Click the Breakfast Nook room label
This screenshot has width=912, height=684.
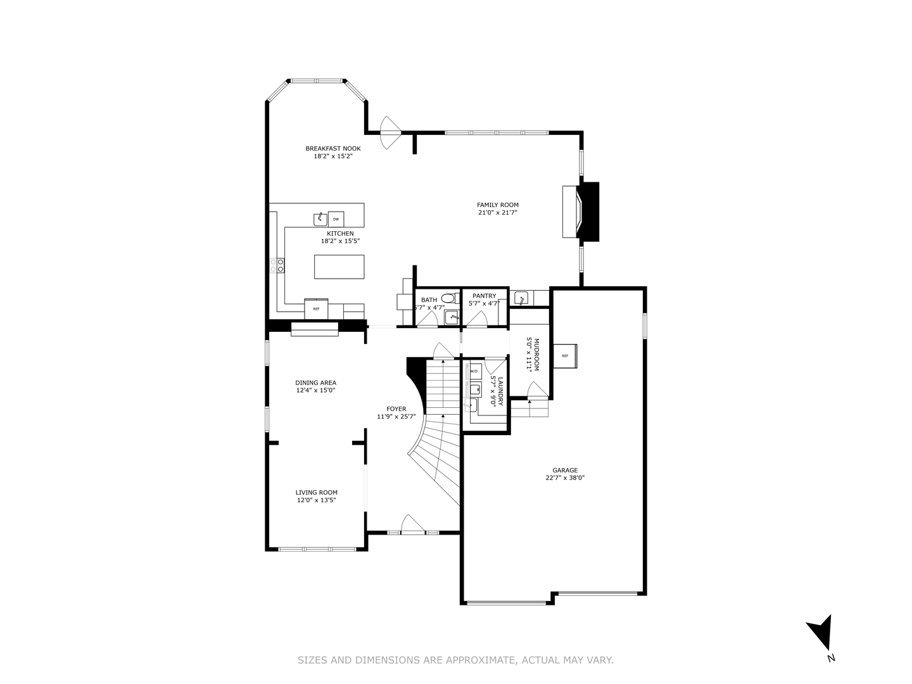coord(332,148)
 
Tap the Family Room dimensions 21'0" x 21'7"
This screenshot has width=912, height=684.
coord(498,213)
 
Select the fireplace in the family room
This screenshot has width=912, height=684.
coord(579,212)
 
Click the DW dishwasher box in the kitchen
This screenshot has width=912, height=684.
coord(336,219)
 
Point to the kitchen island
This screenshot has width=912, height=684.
coord(339,267)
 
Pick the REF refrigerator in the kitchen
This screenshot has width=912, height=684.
coord(316,308)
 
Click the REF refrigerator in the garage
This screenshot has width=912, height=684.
coord(565,355)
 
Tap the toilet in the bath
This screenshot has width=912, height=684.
coord(448,298)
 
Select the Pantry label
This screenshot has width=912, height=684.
coord(484,296)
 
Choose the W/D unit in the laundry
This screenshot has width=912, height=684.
coord(474,370)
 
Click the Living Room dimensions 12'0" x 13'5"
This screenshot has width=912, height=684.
coord(316,500)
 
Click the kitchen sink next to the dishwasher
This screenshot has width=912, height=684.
coord(320,219)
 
